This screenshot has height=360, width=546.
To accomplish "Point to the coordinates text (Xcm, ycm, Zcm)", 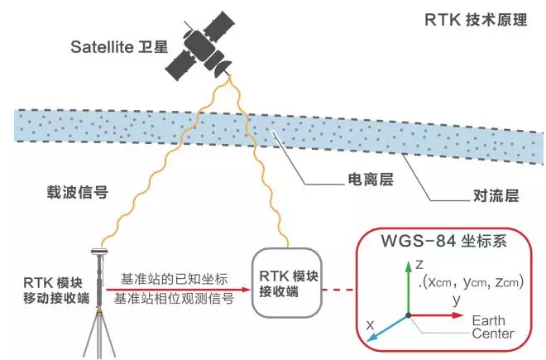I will click(x=467, y=284).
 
